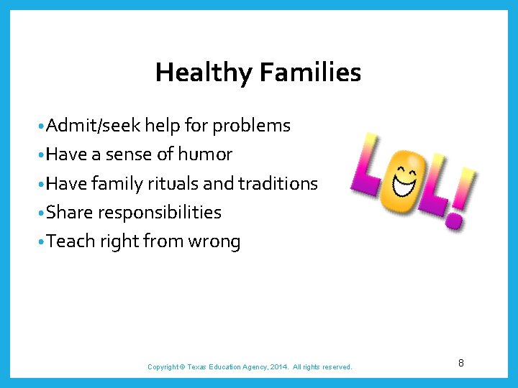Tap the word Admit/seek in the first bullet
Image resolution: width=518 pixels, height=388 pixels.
[94, 126]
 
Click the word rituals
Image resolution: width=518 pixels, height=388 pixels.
[173, 184]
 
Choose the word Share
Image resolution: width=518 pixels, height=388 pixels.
[70, 213]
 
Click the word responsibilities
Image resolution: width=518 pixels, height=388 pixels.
[159, 213]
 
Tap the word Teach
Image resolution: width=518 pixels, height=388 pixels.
[71, 241]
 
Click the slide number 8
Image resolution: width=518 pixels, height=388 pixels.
[460, 364]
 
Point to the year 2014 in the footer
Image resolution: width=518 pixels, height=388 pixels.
[278, 367]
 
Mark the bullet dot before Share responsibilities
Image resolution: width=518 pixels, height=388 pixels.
[42, 213]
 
